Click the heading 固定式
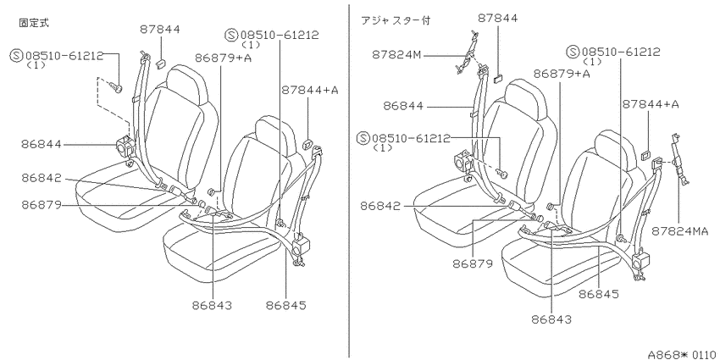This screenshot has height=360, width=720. click(x=34, y=23)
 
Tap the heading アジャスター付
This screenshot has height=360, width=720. click(x=396, y=20)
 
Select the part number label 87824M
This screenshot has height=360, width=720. click(x=396, y=55)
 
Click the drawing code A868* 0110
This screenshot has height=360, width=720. click(x=684, y=354)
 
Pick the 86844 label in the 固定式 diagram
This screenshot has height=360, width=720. click(x=41, y=144)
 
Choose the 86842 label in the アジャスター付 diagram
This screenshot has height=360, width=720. click(x=380, y=206)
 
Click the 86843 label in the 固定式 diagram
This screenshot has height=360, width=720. click(x=212, y=305)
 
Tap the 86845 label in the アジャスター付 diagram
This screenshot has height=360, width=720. click(x=599, y=293)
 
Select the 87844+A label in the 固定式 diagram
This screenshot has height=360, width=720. click(x=309, y=90)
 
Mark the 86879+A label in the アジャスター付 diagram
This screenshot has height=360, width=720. click(x=562, y=74)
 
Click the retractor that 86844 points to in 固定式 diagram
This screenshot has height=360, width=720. click(x=125, y=146)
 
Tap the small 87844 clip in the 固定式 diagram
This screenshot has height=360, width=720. click(x=160, y=63)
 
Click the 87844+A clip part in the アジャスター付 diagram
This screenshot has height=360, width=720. click(x=645, y=154)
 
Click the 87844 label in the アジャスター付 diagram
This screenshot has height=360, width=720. click(x=498, y=19)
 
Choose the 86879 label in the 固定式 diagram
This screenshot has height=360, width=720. click(x=41, y=205)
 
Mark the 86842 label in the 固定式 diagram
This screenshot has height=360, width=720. click(x=41, y=179)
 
